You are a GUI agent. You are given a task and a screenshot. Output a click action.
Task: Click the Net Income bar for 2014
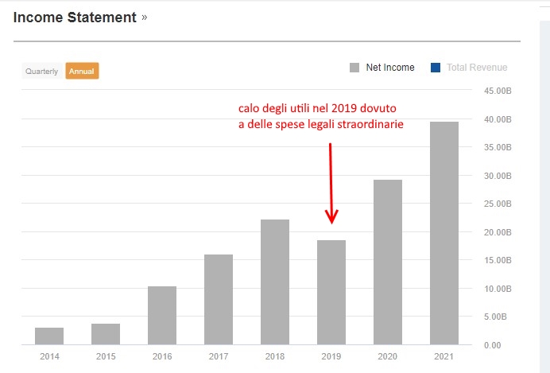(x=49, y=336)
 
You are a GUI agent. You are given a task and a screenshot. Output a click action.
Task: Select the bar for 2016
(x=162, y=315)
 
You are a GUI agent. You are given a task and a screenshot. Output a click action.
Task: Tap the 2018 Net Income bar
(x=275, y=282)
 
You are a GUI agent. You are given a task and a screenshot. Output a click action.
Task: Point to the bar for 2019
(x=331, y=292)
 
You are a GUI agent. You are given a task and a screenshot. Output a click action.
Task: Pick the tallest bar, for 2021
(x=444, y=233)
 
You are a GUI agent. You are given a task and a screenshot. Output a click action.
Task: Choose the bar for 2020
(x=388, y=262)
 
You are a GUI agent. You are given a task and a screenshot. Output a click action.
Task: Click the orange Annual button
(x=82, y=71)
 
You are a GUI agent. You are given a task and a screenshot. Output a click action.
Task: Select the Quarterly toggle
(x=42, y=71)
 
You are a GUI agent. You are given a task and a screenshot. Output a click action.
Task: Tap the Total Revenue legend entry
(x=476, y=68)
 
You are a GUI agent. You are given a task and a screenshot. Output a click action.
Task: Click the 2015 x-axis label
(x=106, y=357)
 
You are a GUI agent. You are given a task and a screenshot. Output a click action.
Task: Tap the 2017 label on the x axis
(x=219, y=357)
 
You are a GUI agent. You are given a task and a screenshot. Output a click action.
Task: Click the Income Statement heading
(x=75, y=17)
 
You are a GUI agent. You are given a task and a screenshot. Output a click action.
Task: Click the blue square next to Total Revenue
(x=435, y=68)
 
